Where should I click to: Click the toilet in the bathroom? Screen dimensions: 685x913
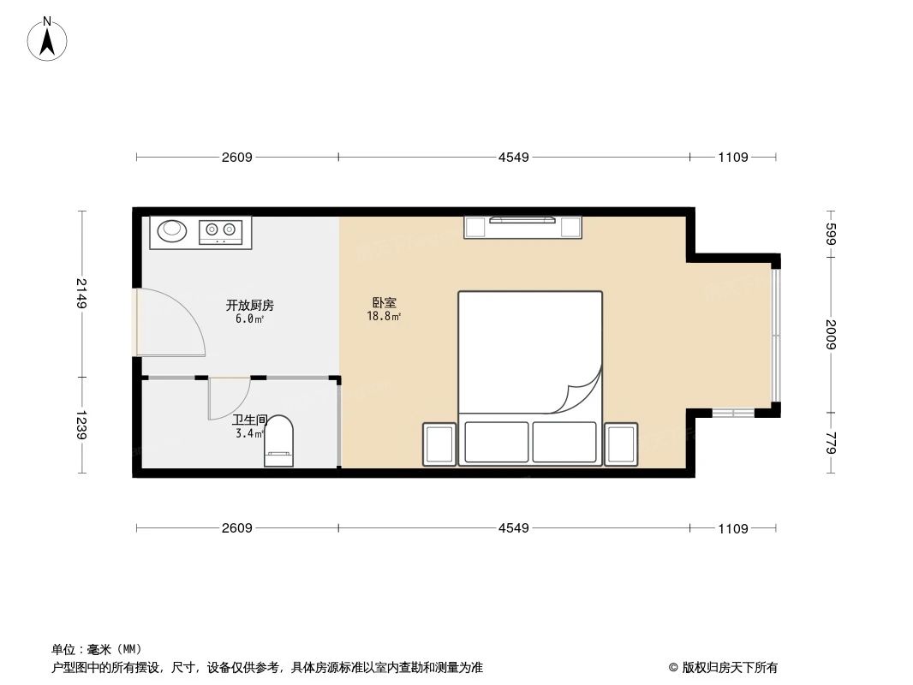pos(279,442)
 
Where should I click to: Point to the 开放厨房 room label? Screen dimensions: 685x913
pos(249,305)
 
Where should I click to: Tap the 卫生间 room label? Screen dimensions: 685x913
pos(250,420)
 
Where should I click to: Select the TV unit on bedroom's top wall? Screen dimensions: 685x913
pos(522,227)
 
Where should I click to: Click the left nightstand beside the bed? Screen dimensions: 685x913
pos(439,444)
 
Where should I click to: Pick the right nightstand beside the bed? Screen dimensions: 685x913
pos(621,444)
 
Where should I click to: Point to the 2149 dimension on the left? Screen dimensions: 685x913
pos(81,294)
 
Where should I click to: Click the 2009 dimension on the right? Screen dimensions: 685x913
pos(830,334)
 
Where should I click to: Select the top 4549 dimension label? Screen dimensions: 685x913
pos(514,157)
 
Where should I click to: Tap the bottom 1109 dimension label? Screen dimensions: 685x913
pos(733,528)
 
